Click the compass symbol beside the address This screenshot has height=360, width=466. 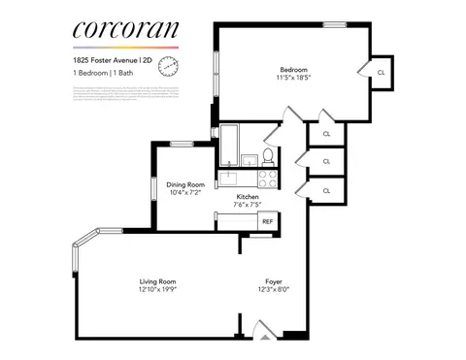click(x=169, y=65)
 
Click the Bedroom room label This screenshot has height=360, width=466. click(x=294, y=70)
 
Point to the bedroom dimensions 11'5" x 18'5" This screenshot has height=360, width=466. click(x=294, y=79)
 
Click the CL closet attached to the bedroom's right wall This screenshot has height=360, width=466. click(x=381, y=72)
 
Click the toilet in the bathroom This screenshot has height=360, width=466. click(x=267, y=157)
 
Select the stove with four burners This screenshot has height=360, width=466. click(x=265, y=178)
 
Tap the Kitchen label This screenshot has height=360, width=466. click(x=247, y=196)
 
